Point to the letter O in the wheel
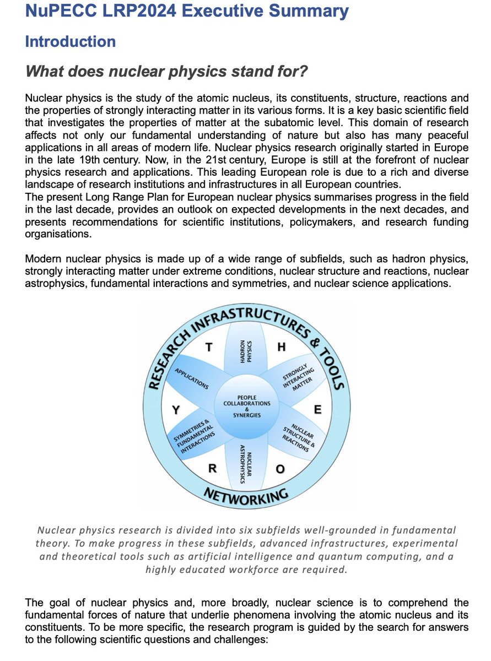(280, 469)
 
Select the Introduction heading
(71, 41)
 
